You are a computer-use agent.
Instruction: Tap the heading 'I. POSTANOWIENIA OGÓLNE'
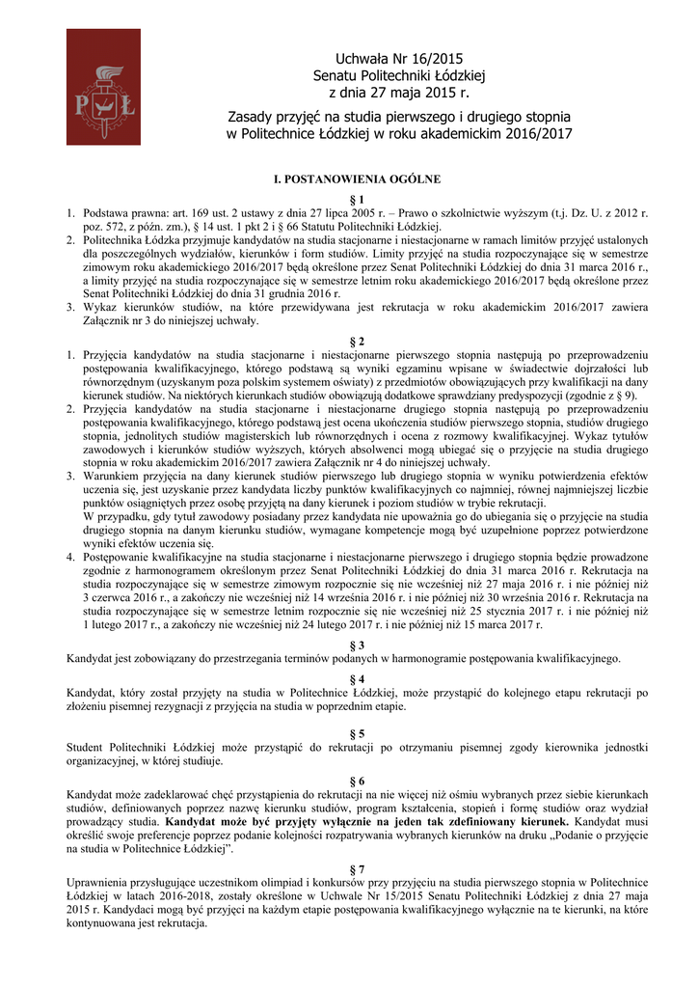(x=358, y=179)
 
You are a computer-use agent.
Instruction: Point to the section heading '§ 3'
(x=356, y=645)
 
